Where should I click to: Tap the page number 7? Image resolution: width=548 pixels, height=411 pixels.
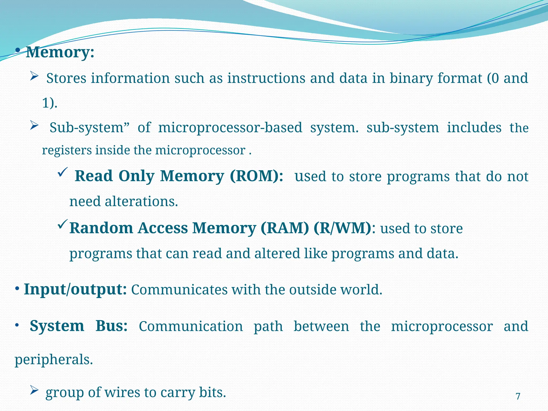coord(518,396)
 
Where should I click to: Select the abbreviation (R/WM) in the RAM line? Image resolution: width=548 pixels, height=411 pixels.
coord(342,228)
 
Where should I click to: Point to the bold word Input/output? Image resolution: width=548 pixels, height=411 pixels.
coord(75,289)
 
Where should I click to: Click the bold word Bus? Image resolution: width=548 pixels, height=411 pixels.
coord(112,326)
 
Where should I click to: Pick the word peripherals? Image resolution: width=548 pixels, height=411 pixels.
coord(54,359)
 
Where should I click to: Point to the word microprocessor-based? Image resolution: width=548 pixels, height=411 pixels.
coord(230,127)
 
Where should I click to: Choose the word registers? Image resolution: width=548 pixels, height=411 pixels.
coord(67,150)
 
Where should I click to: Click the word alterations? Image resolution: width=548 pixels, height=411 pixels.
coord(141,201)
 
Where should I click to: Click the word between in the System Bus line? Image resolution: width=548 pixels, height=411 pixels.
coord(321,326)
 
